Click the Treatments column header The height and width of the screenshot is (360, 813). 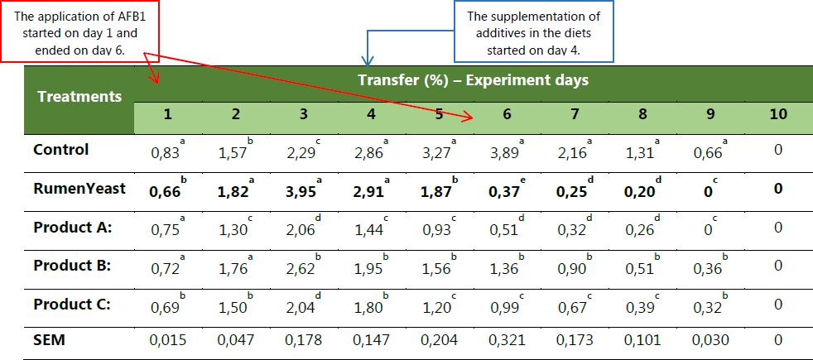click(x=79, y=96)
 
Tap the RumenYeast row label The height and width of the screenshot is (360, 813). click(x=79, y=189)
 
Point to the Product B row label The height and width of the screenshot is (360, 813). click(x=74, y=266)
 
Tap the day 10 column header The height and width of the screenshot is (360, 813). click(x=777, y=115)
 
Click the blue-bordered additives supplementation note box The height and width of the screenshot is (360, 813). click(x=534, y=32)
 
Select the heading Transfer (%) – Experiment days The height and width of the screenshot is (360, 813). click(x=473, y=80)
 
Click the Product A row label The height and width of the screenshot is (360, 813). click(x=74, y=227)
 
